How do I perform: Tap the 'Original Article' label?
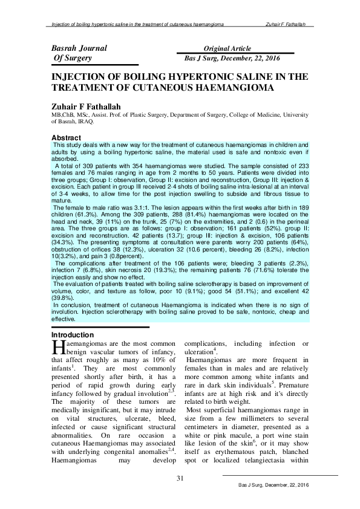[227, 48]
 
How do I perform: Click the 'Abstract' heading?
[67, 137]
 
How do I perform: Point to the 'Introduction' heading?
[73, 334]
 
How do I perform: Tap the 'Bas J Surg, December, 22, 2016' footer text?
[274, 485]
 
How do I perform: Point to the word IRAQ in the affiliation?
[84, 121]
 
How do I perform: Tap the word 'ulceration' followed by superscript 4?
[198, 352]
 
